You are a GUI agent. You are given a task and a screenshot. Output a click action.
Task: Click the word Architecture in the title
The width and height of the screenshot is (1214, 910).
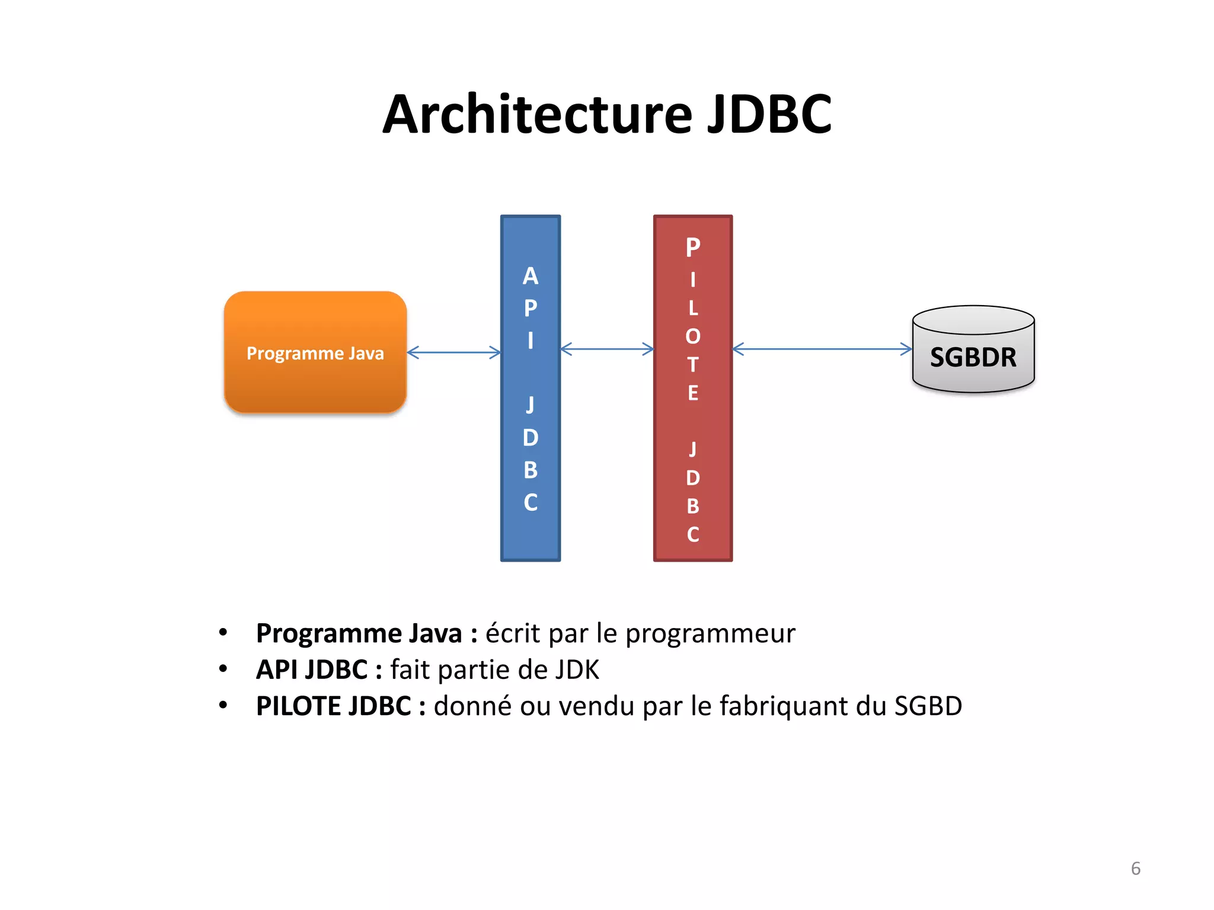(x=537, y=115)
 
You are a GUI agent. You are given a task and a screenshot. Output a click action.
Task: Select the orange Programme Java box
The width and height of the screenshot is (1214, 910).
(x=315, y=353)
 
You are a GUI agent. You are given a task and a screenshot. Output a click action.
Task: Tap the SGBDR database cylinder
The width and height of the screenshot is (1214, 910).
(x=973, y=355)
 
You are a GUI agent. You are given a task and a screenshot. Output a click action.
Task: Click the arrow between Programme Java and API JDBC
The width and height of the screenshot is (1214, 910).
(x=454, y=353)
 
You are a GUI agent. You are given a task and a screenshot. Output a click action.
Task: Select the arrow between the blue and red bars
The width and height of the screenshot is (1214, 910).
(x=607, y=349)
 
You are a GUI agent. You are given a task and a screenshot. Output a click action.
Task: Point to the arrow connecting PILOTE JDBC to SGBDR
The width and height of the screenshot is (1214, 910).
(x=822, y=349)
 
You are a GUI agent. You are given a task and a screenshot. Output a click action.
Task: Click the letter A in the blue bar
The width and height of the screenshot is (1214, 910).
(x=531, y=276)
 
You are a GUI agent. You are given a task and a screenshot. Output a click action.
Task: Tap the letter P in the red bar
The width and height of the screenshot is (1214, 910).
(x=693, y=248)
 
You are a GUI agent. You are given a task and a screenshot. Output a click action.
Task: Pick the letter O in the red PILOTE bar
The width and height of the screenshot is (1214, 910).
(x=693, y=337)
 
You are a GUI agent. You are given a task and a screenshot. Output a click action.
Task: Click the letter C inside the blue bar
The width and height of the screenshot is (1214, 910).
(x=531, y=502)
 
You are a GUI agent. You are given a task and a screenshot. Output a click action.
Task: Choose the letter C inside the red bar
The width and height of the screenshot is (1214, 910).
(x=693, y=534)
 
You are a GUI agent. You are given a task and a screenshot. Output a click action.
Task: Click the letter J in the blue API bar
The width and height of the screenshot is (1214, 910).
(x=531, y=405)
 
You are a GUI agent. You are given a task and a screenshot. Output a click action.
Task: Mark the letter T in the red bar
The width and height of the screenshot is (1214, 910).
(x=693, y=365)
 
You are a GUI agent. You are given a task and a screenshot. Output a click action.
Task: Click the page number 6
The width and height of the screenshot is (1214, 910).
(x=1135, y=869)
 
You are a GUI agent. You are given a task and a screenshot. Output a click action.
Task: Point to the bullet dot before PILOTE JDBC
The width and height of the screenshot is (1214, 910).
(x=223, y=705)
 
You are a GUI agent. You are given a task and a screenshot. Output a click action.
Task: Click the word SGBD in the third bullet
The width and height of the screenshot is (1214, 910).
(x=928, y=706)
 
